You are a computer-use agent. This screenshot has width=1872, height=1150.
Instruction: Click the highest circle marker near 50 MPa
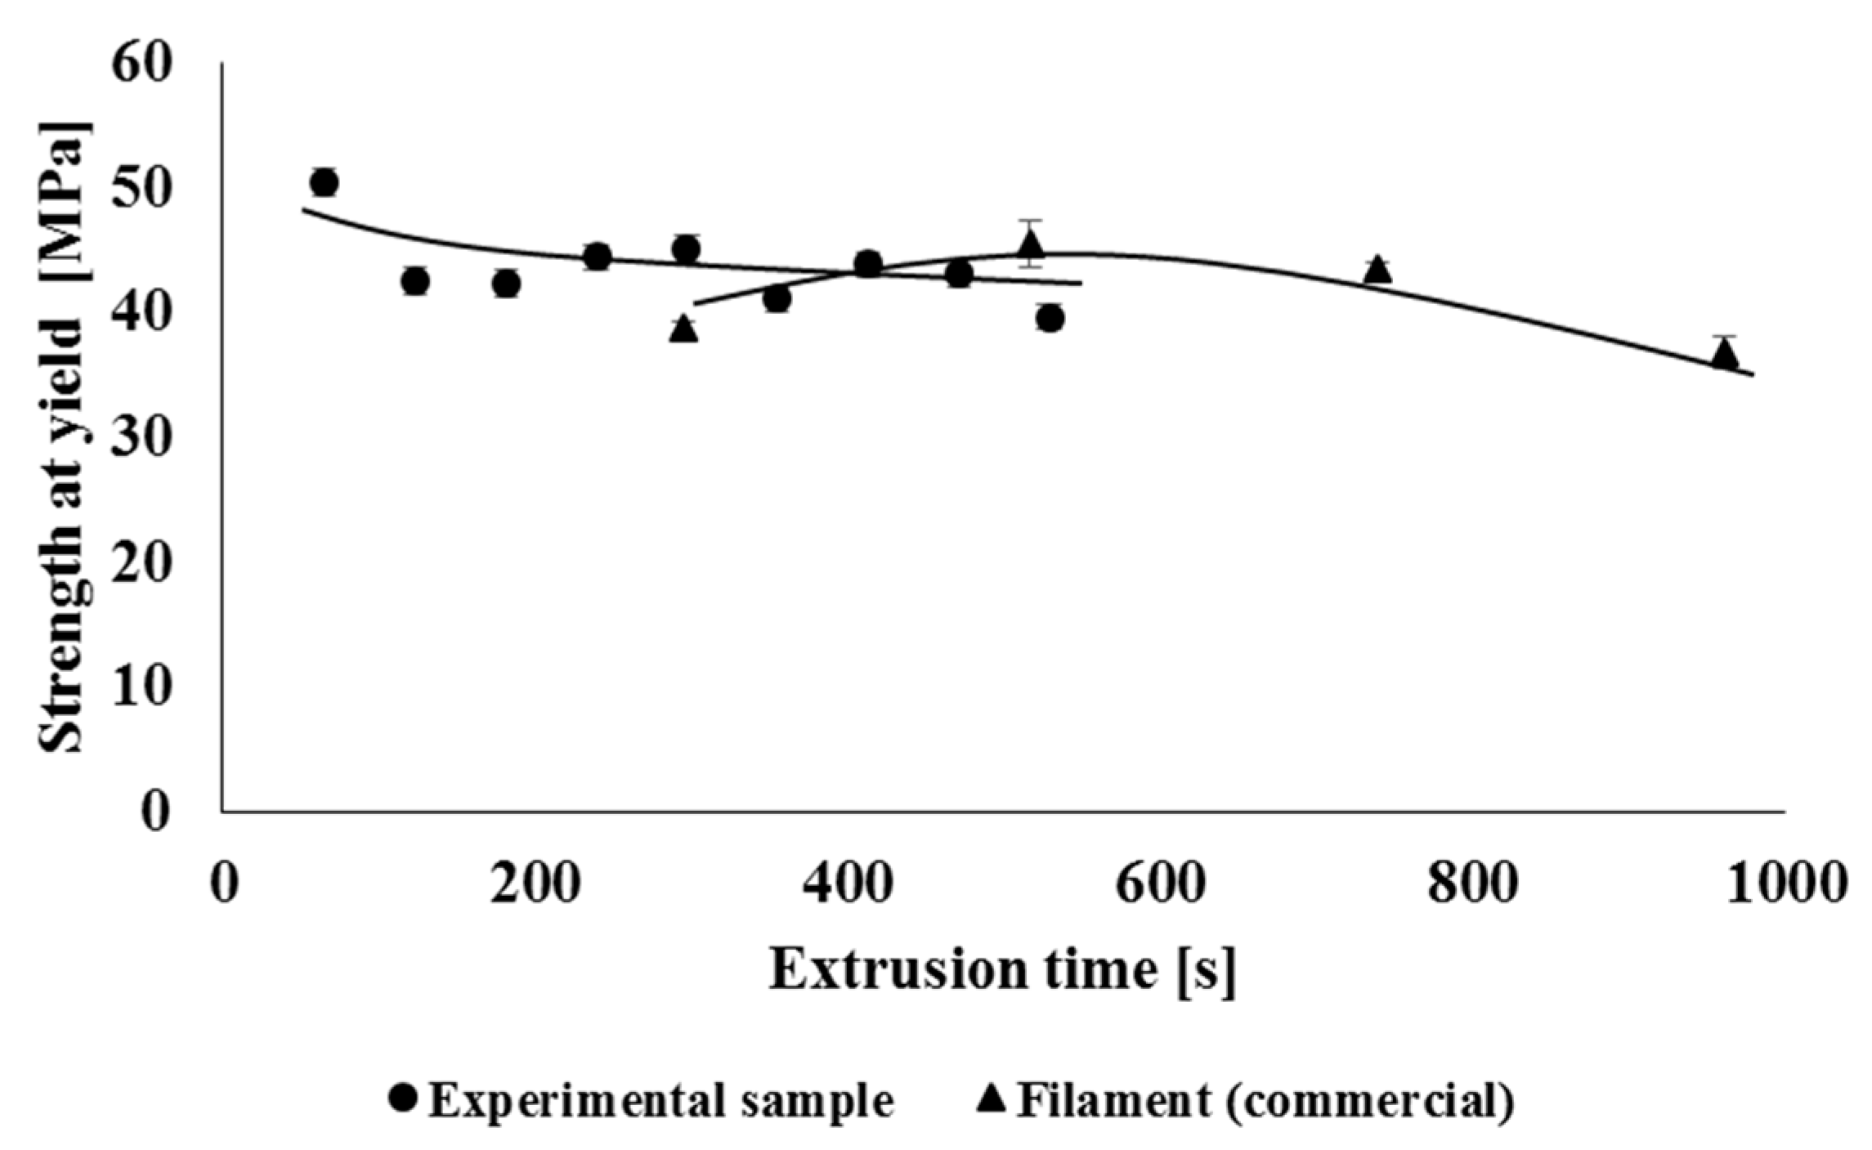pos(325,182)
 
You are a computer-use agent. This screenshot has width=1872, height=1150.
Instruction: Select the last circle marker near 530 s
pos(1050,319)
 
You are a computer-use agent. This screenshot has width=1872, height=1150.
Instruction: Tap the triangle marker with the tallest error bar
pos(1031,244)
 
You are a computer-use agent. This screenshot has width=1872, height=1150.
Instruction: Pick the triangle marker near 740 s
pos(1378,270)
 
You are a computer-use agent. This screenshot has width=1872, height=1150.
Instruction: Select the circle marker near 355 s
pos(777,299)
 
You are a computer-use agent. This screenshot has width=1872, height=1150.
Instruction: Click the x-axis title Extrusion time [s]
pos(1002,971)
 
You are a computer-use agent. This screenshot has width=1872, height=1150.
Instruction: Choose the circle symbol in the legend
pos(405,1099)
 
